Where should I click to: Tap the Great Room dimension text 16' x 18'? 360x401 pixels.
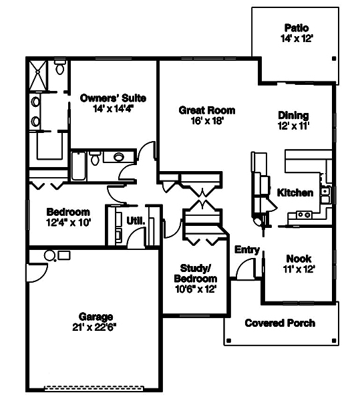click(206, 121)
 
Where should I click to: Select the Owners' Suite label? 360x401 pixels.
click(113, 98)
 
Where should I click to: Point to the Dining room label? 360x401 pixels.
click(293, 115)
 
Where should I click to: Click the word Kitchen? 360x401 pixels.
click(295, 192)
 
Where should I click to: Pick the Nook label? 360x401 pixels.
click(299, 259)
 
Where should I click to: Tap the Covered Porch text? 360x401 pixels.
click(280, 323)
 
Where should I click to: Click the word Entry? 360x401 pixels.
click(247, 249)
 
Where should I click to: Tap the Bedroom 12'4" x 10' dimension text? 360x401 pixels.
click(67, 222)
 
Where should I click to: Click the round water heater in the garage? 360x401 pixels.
click(49, 255)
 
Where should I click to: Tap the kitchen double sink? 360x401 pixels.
click(325, 194)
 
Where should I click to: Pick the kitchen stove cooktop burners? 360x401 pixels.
click(303, 215)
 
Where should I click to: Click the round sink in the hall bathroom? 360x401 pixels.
click(119, 158)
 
